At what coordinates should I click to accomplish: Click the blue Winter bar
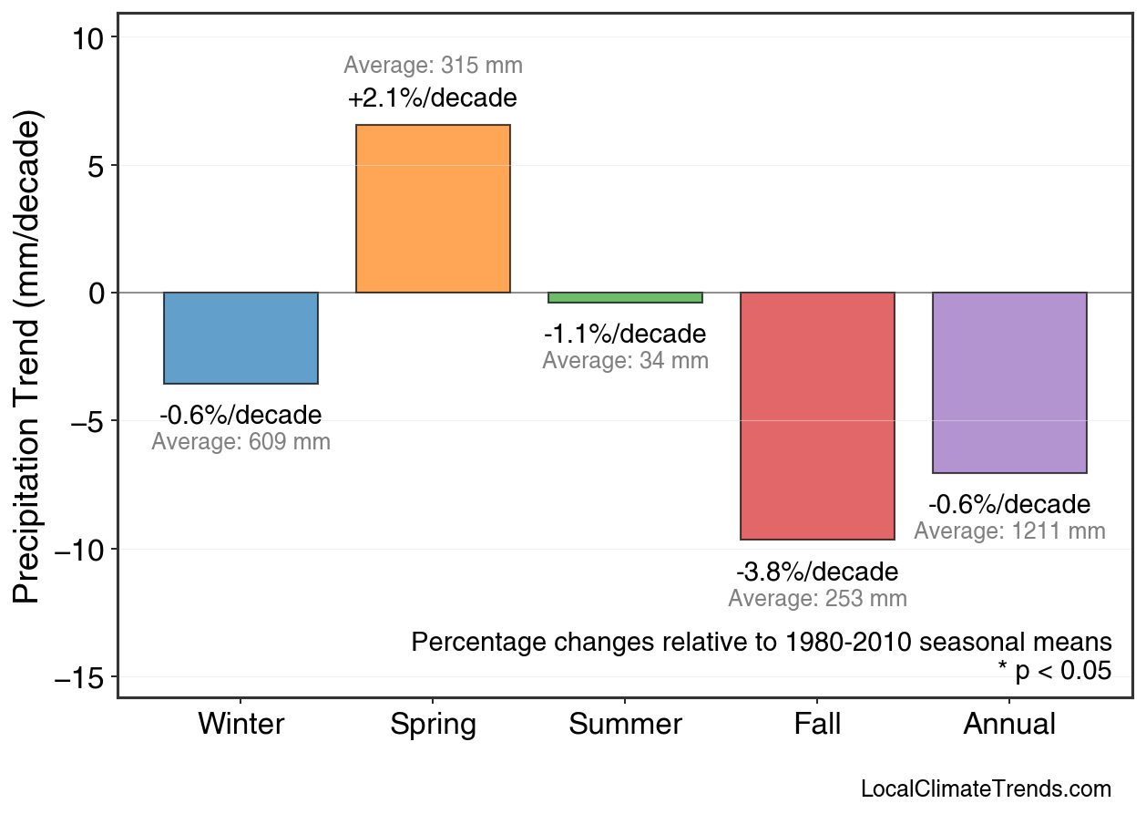click(240, 337)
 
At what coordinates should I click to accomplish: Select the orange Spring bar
click(433, 209)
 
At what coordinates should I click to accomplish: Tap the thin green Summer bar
click(625, 297)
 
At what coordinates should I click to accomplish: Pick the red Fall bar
click(817, 416)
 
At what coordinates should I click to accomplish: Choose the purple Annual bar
click(1009, 382)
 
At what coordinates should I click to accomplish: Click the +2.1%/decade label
click(433, 98)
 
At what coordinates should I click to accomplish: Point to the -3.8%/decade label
click(817, 572)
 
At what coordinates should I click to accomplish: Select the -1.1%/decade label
click(625, 334)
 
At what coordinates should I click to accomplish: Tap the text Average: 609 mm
click(240, 442)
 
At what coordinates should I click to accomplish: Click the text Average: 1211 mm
click(1009, 531)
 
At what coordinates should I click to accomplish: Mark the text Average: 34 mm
click(625, 361)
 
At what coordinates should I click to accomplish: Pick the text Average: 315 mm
click(433, 66)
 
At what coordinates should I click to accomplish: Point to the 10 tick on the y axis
click(90, 37)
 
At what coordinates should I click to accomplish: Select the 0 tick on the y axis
click(97, 294)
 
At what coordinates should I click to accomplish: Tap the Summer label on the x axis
click(625, 725)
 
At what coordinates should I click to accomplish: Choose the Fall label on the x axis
click(817, 725)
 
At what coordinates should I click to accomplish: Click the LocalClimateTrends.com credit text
click(986, 789)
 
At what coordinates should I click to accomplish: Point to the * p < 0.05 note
click(1054, 671)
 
